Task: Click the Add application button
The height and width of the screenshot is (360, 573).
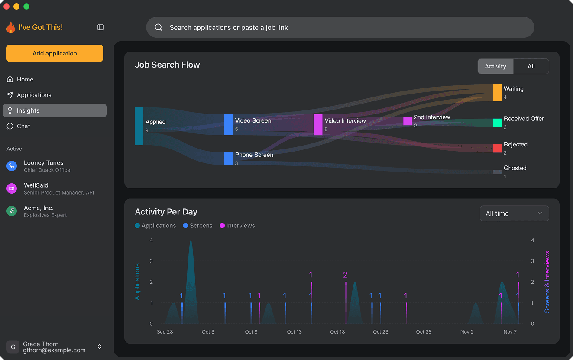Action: click(x=55, y=53)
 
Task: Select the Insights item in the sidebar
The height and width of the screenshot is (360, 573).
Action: click(x=55, y=110)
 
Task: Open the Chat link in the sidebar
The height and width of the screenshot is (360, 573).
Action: click(x=23, y=126)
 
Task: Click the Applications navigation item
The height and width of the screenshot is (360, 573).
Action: click(x=34, y=95)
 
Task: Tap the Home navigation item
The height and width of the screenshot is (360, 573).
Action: click(x=25, y=79)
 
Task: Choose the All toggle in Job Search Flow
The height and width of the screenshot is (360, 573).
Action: click(x=531, y=66)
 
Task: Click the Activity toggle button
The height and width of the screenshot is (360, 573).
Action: click(x=495, y=66)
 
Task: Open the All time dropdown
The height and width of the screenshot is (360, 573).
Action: click(x=514, y=214)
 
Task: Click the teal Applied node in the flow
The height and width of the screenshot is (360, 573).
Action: click(x=139, y=126)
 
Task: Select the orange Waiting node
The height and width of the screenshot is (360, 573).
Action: click(x=497, y=93)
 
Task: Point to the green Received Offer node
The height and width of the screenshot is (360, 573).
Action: click(x=497, y=123)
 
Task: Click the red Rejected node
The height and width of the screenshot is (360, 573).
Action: click(x=497, y=148)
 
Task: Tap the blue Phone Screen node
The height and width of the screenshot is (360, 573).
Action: click(x=228, y=159)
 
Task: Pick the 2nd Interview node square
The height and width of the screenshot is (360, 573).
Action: click(x=408, y=121)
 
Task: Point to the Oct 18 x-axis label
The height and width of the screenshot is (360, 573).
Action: click(x=337, y=332)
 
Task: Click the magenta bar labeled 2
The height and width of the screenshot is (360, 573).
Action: click(x=346, y=302)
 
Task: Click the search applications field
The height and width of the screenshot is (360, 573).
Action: click(x=340, y=27)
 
